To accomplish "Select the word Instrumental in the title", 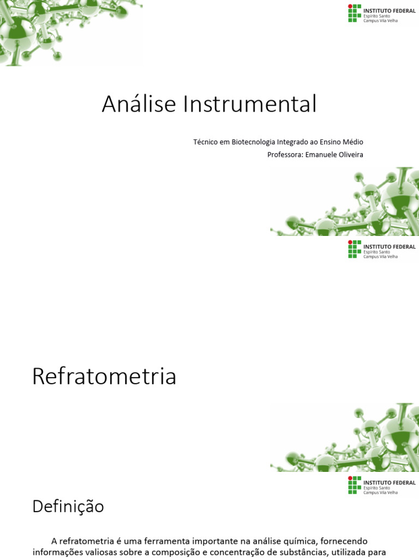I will pyautogui.click(x=250, y=104).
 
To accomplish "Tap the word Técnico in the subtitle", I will pyautogui.click(x=206, y=142).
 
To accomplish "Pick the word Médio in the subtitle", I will pyautogui.click(x=352, y=142).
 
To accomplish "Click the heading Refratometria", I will pyautogui.click(x=104, y=377).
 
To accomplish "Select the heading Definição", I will pyautogui.click(x=68, y=506).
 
